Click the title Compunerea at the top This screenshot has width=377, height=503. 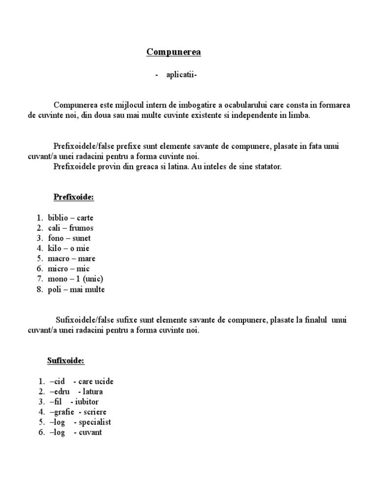(173, 52)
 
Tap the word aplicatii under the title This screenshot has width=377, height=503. (182, 75)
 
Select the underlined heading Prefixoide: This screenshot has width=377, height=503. (73, 197)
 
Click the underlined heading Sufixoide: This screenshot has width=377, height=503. (66, 361)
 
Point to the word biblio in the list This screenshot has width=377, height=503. (58, 218)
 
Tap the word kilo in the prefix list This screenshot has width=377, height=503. (55, 249)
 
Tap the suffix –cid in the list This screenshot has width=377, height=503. (57, 381)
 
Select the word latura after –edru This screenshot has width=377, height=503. (93, 391)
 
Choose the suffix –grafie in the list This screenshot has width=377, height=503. (62, 412)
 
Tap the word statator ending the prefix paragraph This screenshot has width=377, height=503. (266, 167)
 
